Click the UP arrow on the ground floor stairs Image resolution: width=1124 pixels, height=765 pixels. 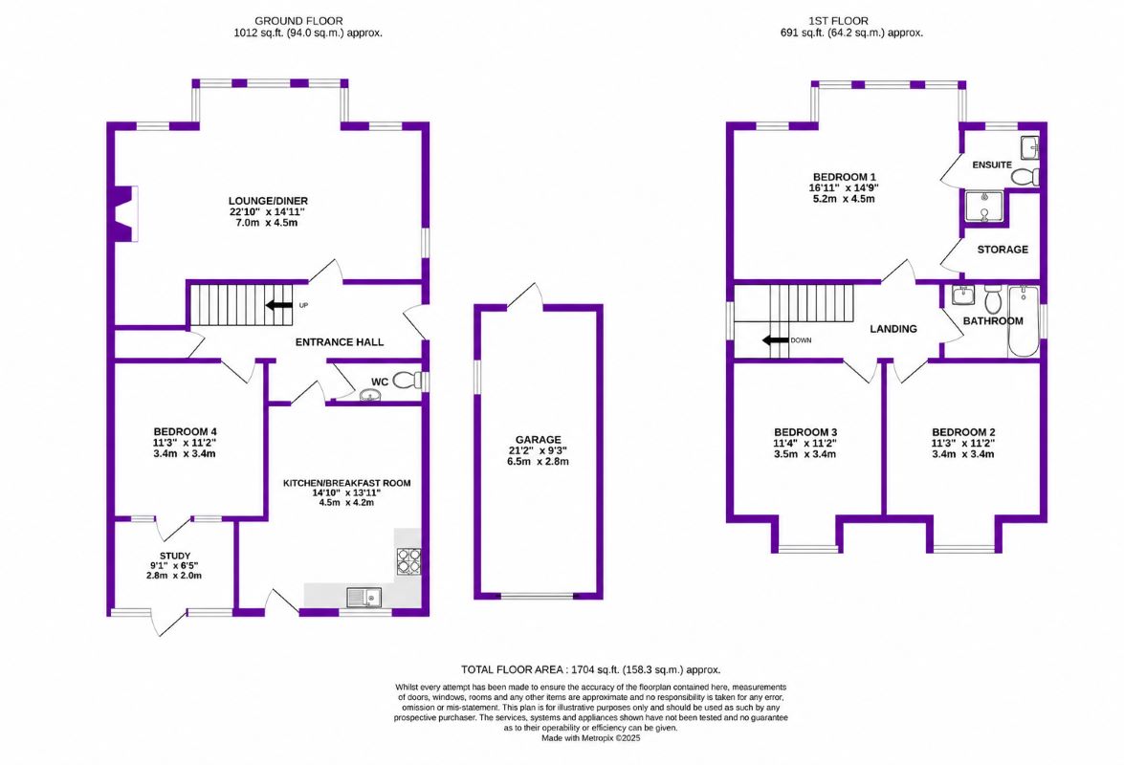pyautogui.click(x=279, y=305)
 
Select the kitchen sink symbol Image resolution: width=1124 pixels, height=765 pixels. pyautogui.click(x=364, y=597)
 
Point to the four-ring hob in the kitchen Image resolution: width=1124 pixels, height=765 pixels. pyautogui.click(x=408, y=561)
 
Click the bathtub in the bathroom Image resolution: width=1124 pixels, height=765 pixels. pyautogui.click(x=1023, y=321)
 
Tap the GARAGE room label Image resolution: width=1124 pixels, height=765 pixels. pyautogui.click(x=539, y=440)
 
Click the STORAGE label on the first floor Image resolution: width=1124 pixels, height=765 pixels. pyautogui.click(x=1003, y=250)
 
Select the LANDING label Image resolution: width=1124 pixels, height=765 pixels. pyautogui.click(x=893, y=329)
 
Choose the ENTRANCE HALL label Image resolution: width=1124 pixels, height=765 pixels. pyautogui.click(x=339, y=342)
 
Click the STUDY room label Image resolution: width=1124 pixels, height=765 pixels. pyautogui.click(x=175, y=556)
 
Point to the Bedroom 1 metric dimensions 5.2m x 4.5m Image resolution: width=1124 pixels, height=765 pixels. pyautogui.click(x=844, y=199)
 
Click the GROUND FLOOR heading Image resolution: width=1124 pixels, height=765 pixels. pyautogui.click(x=298, y=21)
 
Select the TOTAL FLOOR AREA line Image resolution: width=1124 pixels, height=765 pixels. pyautogui.click(x=590, y=669)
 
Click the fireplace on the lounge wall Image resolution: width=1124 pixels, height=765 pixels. pyautogui.click(x=124, y=214)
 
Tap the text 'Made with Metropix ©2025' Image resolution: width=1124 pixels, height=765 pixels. pyautogui.click(x=590, y=738)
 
